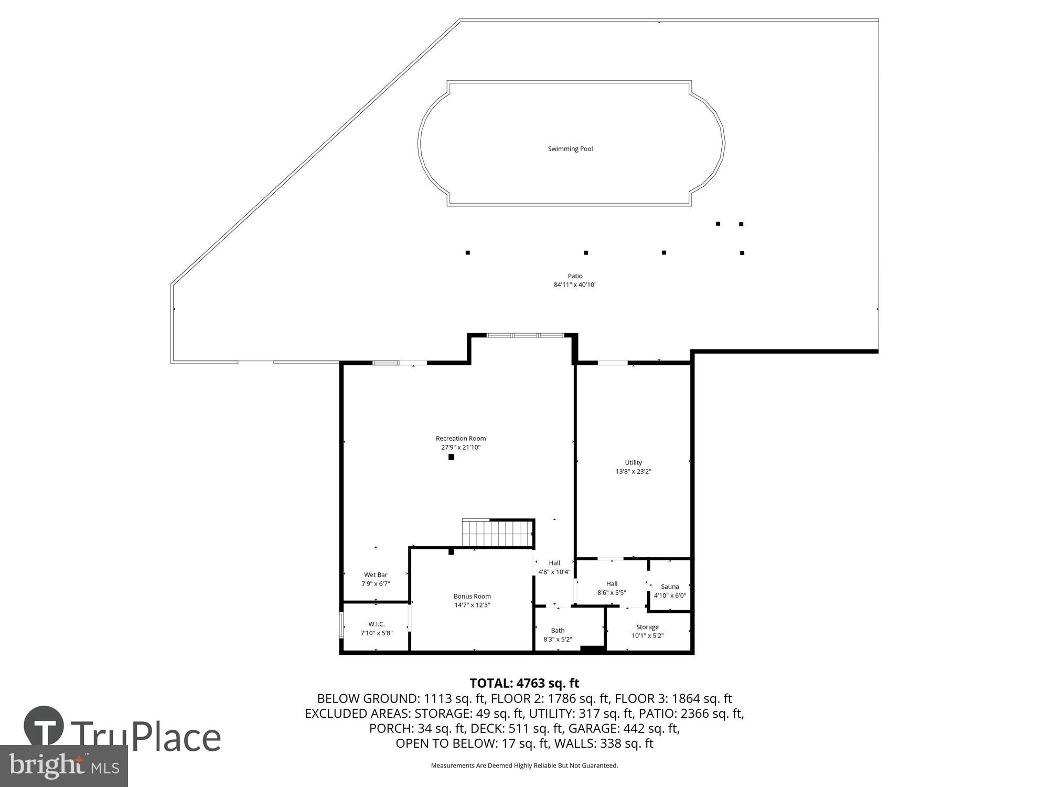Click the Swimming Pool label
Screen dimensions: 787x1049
570,149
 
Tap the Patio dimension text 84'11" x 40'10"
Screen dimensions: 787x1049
575,285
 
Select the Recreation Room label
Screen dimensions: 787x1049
461,439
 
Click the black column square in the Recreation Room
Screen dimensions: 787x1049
451,457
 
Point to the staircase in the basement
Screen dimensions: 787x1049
497,533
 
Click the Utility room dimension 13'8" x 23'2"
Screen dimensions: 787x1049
633,472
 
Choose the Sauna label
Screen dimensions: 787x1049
670,587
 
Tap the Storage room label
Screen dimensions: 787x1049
647,627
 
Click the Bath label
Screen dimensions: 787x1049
558,631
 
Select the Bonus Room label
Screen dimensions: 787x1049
472,596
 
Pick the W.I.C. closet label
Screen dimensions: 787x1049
376,624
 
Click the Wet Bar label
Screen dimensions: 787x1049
376,575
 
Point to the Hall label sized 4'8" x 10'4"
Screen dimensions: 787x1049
554,563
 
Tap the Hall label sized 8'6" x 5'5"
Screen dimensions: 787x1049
612,584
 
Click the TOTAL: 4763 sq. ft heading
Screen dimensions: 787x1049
524,683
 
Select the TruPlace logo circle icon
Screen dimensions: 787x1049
44,726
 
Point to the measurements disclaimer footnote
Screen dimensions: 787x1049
524,765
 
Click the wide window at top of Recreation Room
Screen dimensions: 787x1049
525,335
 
